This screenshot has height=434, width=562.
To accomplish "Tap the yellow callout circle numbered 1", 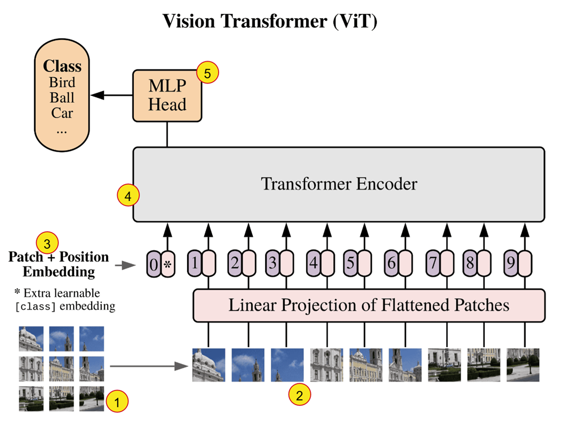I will coord(118,400).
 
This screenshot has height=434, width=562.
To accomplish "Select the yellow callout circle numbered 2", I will coord(299,395).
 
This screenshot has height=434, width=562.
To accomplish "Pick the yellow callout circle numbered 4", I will coord(128,196).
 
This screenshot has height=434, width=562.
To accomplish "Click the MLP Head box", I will coord(167,96).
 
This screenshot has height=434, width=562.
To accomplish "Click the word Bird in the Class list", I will coord(62,83).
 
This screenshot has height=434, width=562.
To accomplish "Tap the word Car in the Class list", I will coord(62,113).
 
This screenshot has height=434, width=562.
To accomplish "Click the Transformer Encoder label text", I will coord(339,184).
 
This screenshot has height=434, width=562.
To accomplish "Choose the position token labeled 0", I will coord(154,264).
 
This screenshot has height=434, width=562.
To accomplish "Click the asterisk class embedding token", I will coord(168,264).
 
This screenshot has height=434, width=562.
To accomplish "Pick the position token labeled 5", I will coord(350,264).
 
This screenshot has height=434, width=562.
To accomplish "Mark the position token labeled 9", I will coord(511,264).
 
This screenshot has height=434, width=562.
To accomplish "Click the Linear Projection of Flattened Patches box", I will coord(368,306).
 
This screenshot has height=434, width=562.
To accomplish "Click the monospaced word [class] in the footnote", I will coord(36,307).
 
